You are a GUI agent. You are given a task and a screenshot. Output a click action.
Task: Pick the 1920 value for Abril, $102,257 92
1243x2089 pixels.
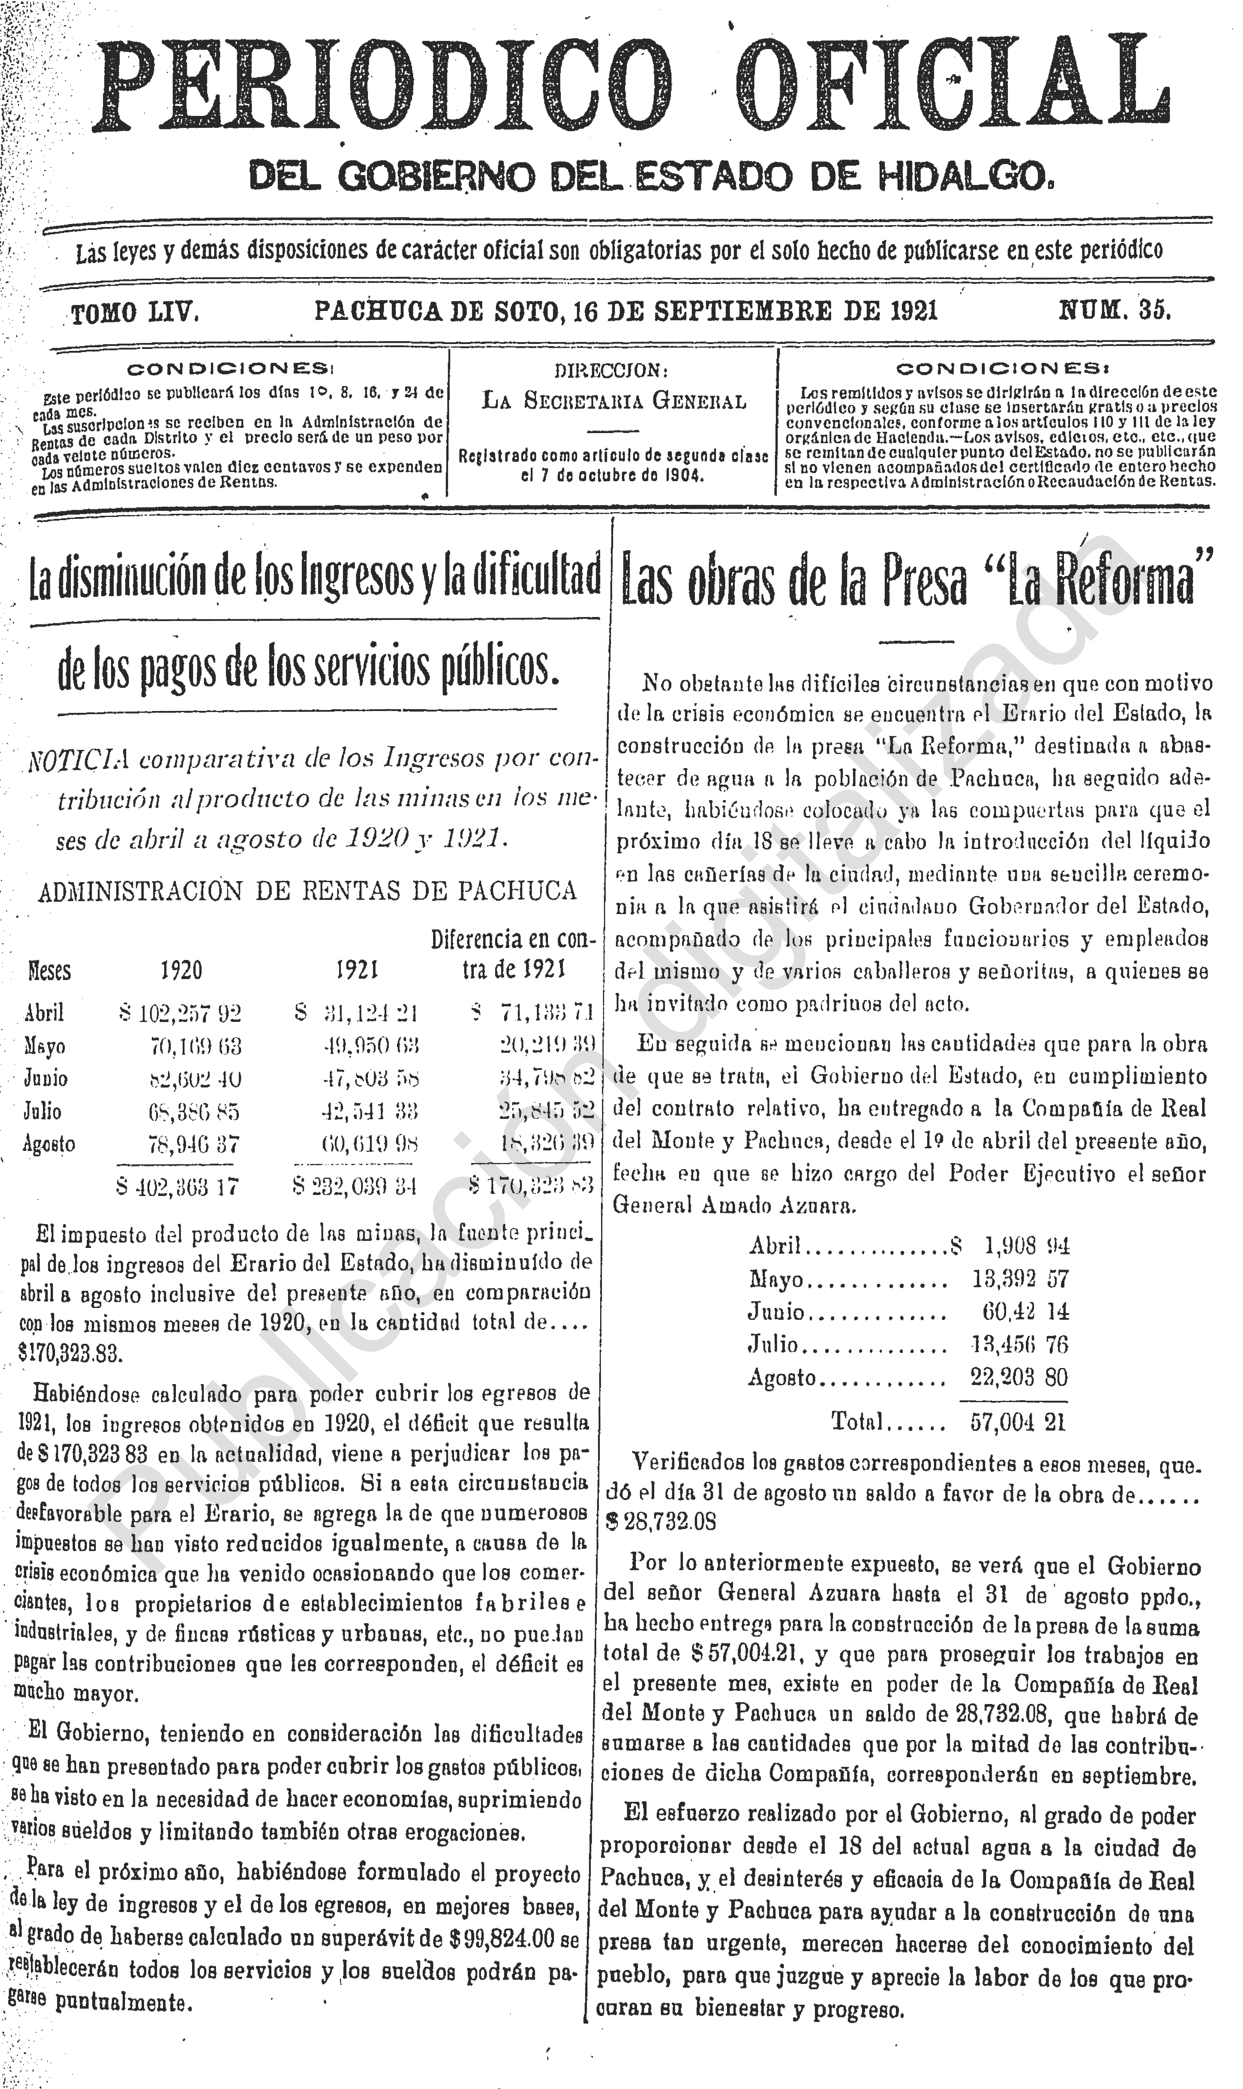(x=180, y=1014)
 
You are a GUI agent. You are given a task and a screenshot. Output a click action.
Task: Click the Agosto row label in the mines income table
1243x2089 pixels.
(x=50, y=1144)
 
